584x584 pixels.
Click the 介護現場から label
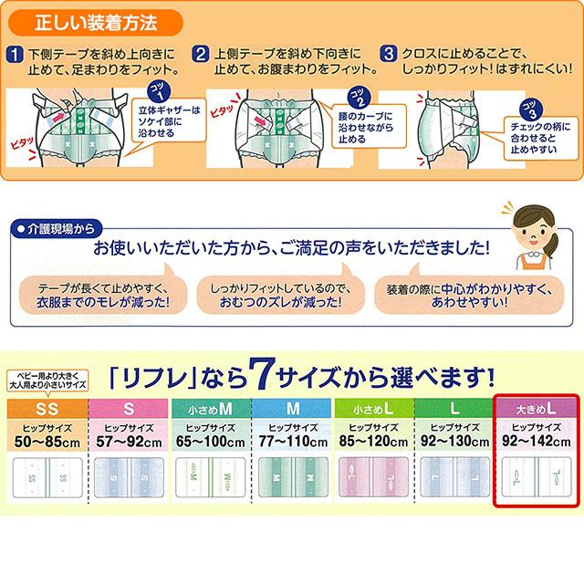point(57,228)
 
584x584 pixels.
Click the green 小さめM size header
point(211,406)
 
